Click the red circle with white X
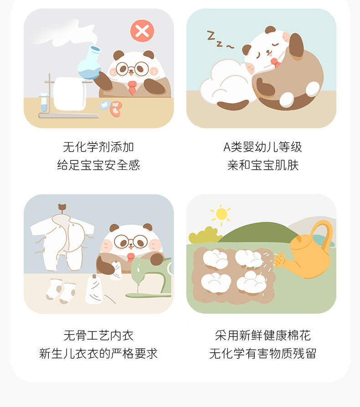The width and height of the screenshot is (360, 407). (142, 31)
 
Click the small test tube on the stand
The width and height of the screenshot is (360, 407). (44, 102)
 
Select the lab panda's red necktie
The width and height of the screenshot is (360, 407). (132, 88)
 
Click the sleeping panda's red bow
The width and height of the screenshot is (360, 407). (275, 62)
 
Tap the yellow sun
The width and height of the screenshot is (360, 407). (221, 214)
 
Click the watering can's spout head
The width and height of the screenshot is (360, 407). (279, 260)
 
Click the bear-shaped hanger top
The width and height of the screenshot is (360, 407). (62, 207)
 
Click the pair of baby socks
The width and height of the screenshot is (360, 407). (61, 291)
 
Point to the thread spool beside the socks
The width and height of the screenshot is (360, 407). (94, 289)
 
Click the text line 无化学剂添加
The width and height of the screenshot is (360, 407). (98, 147)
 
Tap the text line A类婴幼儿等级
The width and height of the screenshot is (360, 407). (262, 147)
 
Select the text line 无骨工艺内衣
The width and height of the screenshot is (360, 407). (98, 336)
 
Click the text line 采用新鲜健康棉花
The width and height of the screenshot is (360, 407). (262, 336)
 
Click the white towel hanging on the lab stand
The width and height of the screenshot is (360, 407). (70, 94)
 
